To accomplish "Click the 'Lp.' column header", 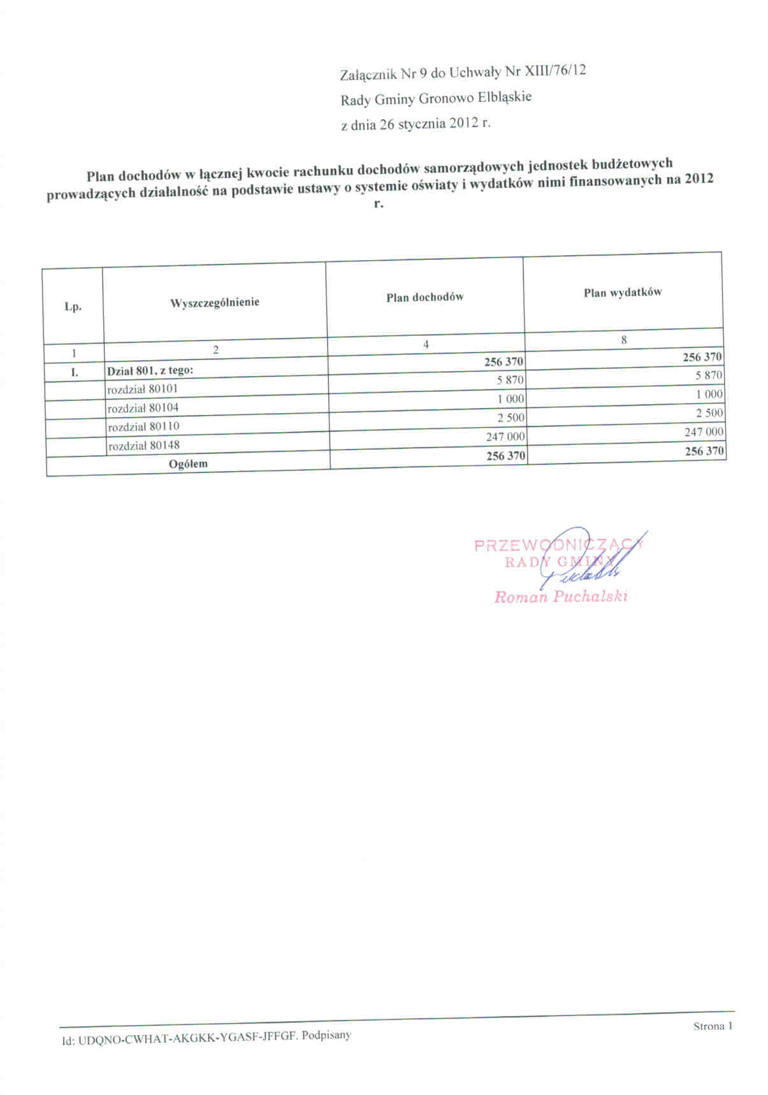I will click(x=73, y=307).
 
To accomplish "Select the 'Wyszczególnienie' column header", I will click(x=215, y=303).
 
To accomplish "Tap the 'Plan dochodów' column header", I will click(x=424, y=297).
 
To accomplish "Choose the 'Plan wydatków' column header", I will click(x=622, y=293).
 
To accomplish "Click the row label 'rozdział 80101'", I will click(x=143, y=388).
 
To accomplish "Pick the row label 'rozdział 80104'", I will click(x=143, y=407).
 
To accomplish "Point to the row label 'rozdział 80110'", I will click(x=144, y=426).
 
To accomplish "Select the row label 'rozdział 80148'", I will click(x=144, y=445).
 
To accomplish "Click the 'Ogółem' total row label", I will click(x=188, y=463).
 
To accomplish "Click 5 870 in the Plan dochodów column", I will click(x=510, y=380).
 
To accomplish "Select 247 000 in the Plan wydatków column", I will click(x=704, y=432).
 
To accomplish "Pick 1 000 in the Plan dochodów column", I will click(x=511, y=399).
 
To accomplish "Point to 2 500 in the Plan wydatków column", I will click(x=709, y=413).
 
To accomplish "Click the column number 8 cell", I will click(x=623, y=340).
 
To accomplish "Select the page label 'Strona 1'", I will click(x=713, y=1026).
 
